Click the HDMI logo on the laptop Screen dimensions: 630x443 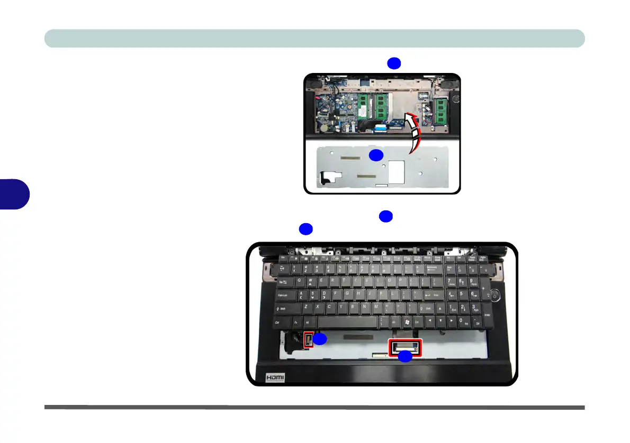[275, 377]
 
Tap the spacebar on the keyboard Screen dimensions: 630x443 [346, 321]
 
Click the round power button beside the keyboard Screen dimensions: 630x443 [494, 297]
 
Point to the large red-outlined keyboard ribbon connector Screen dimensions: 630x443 [405, 346]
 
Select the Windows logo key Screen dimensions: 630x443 [406, 321]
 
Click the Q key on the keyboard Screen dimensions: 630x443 [300, 281]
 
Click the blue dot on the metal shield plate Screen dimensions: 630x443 [376, 155]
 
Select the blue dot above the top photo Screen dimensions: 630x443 [393, 63]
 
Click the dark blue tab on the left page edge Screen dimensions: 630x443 [14, 194]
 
